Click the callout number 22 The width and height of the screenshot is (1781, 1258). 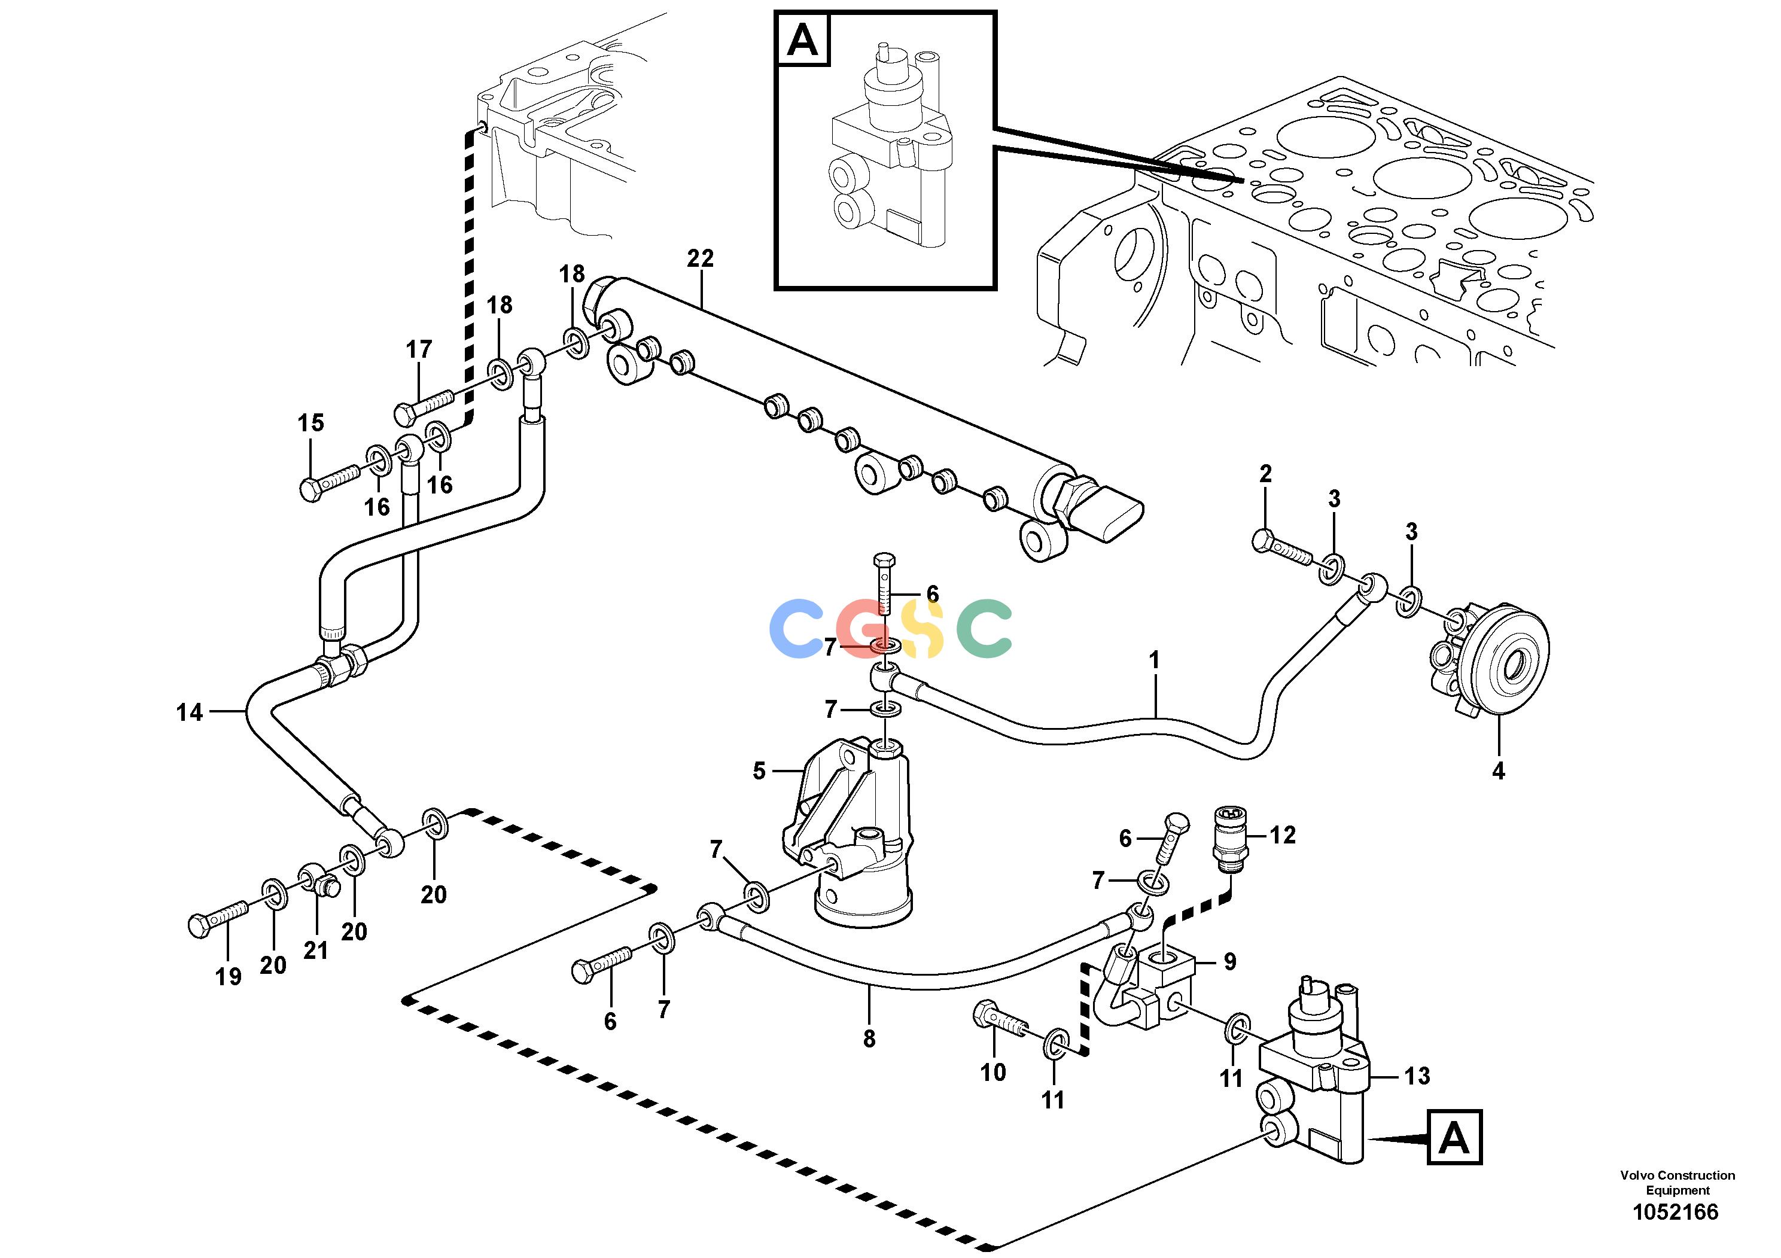click(700, 258)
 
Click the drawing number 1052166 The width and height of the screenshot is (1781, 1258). click(1676, 1211)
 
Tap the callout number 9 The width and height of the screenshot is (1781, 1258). click(1229, 962)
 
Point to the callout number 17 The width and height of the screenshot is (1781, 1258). click(419, 350)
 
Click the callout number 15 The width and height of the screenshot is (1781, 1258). click(311, 423)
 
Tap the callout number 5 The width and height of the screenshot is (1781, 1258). click(759, 771)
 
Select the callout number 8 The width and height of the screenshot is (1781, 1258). click(869, 1038)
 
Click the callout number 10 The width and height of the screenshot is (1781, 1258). click(993, 1072)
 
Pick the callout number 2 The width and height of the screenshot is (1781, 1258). click(1265, 473)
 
